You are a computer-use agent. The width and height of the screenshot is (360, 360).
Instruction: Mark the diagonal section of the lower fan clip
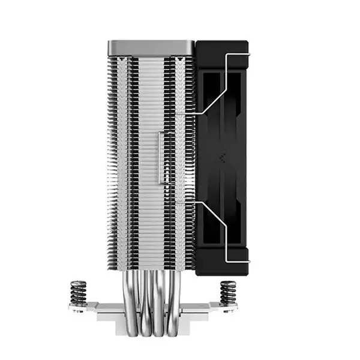(x=211, y=216)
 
